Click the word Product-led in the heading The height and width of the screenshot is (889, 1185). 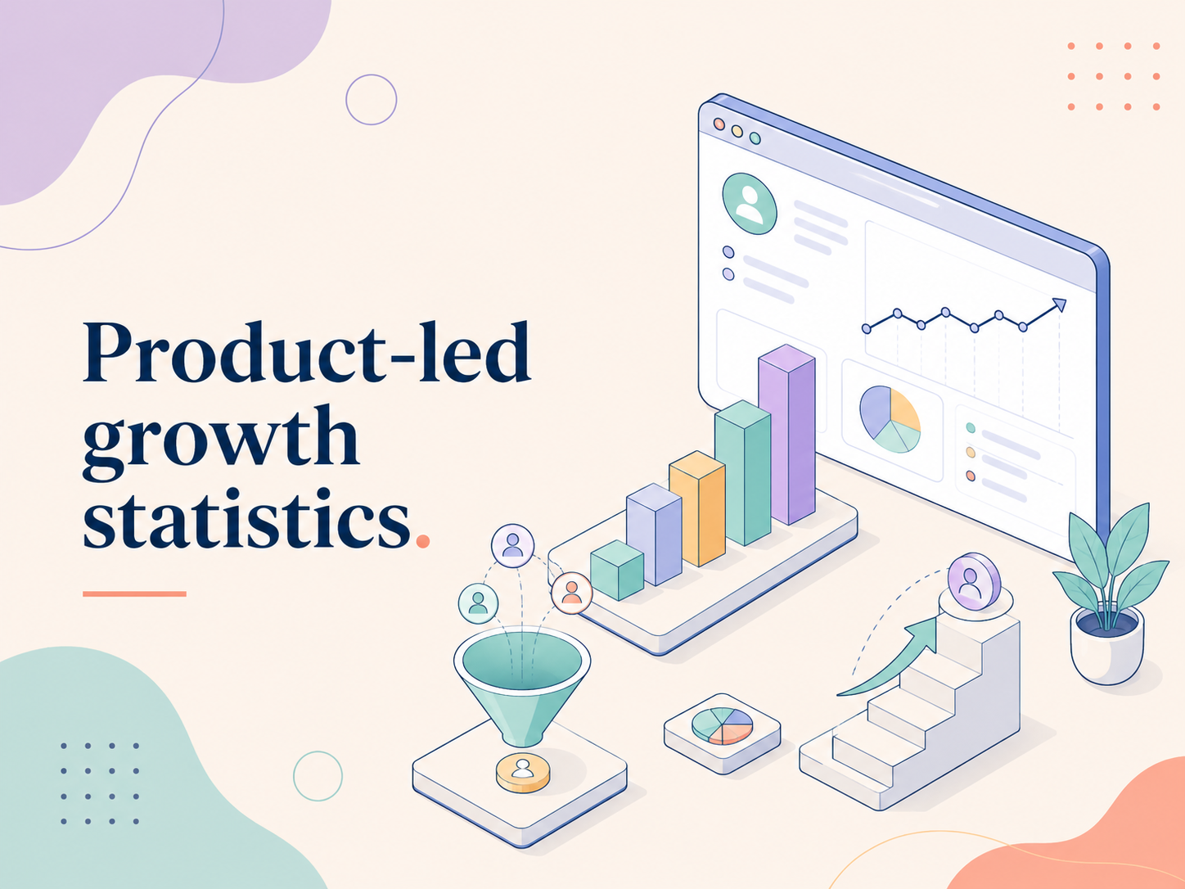pos(307,352)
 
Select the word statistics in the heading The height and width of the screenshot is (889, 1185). pos(246,517)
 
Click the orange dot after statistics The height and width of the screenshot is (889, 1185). pos(423,541)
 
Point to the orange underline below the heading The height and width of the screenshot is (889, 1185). pos(134,593)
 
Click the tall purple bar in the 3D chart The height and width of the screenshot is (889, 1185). pos(786,434)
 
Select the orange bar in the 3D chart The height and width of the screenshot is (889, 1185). pos(697,508)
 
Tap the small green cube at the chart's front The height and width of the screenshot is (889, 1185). pos(617,570)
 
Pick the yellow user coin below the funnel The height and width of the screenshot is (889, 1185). pos(523,773)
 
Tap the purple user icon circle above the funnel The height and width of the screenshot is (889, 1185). pos(512,546)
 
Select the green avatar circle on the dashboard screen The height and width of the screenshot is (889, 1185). pos(750,204)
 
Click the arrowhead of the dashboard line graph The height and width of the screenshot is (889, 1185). pos(1060,305)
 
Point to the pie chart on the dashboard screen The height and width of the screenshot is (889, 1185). pos(890,419)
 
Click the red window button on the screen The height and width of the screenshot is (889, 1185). pos(719,124)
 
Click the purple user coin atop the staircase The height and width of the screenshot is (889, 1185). pos(974,581)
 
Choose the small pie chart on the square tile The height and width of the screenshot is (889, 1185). pos(723,726)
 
